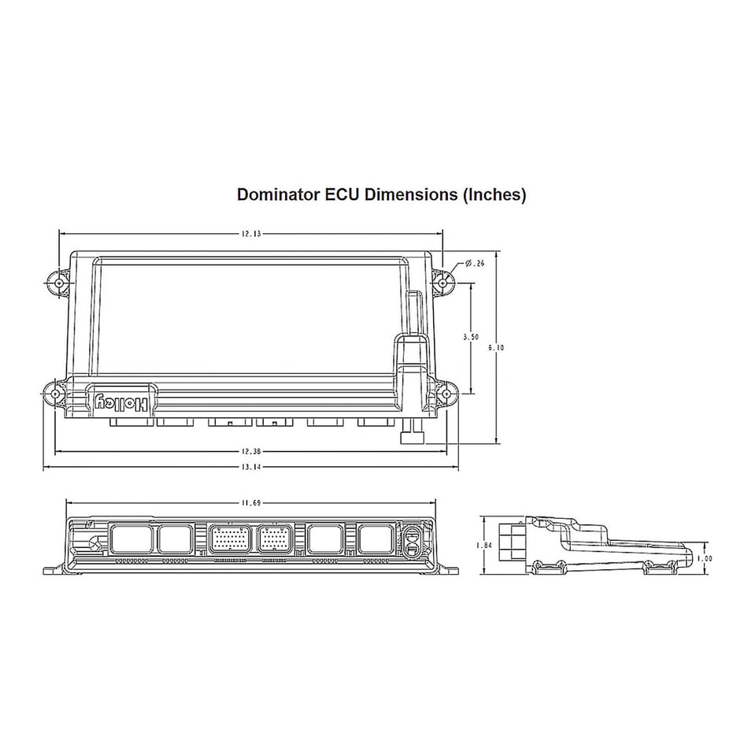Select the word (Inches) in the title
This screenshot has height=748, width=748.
point(494,195)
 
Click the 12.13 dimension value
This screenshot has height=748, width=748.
point(251,234)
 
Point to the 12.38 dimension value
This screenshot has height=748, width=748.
point(251,451)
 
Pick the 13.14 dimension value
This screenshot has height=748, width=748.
point(251,467)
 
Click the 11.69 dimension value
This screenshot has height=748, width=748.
point(251,503)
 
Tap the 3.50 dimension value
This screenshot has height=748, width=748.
point(471,337)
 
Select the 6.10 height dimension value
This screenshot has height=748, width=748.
point(496,348)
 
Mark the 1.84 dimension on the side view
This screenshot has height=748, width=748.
point(484,546)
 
